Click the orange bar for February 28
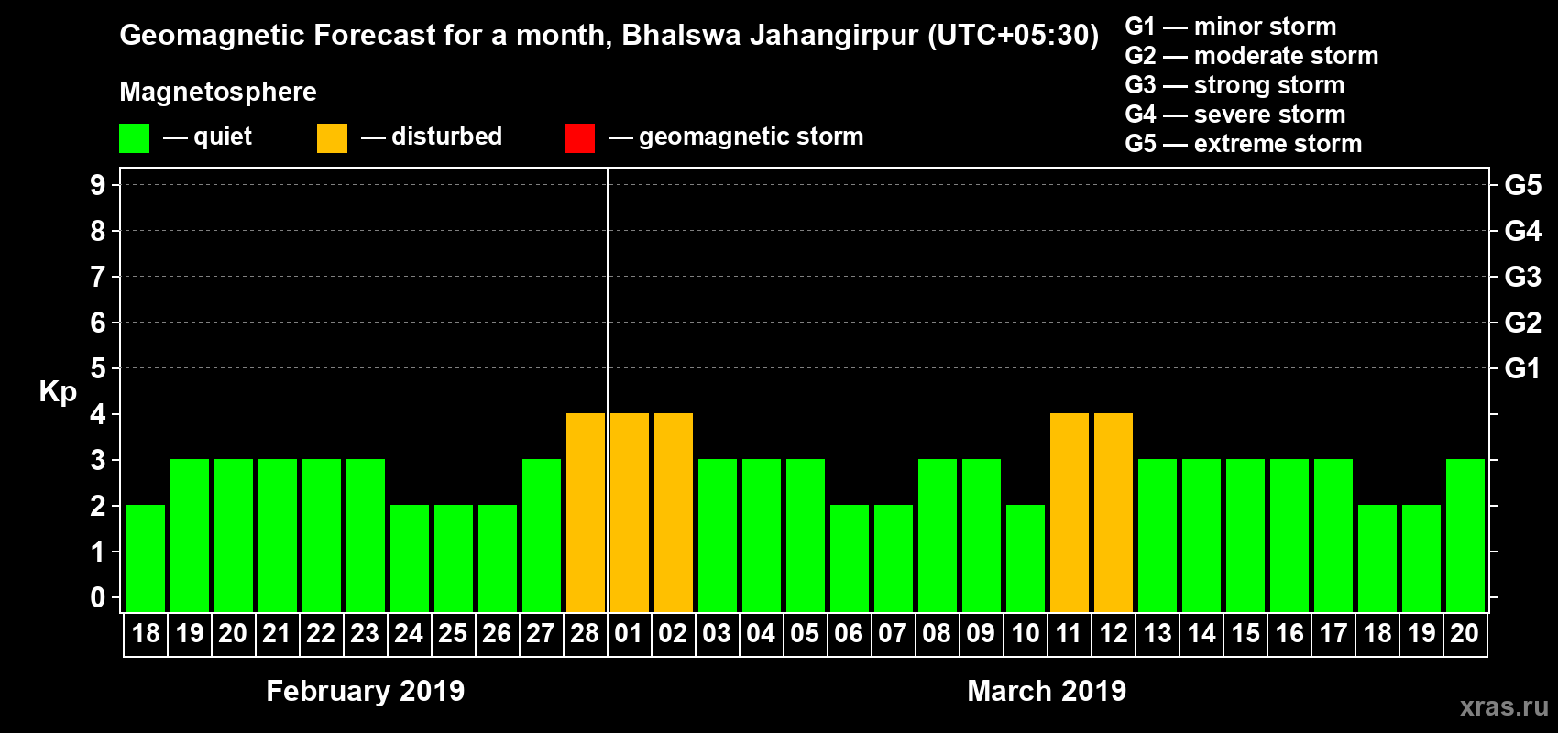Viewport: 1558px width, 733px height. pos(586,512)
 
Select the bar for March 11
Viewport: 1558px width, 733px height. pos(1070,512)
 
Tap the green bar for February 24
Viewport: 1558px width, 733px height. pos(410,558)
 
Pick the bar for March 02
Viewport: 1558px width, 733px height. pos(674,512)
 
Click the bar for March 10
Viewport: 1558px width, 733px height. pos(1026,558)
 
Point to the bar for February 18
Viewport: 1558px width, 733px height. pos(146,558)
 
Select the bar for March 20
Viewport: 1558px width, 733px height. pos(1465,535)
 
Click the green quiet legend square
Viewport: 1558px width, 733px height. pos(134,138)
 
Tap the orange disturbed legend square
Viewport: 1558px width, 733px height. pos(332,138)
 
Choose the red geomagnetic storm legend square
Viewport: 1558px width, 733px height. pos(579,138)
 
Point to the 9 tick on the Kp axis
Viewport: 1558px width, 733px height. pos(98,185)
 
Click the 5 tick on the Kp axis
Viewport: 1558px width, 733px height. pos(98,368)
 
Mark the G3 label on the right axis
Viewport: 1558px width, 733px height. pos(1522,277)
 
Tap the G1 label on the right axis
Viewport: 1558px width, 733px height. pos(1522,368)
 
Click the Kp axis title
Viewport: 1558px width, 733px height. pos(58,392)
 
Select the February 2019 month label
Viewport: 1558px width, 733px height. pos(365,691)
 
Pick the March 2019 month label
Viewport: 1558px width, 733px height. pos(1047,691)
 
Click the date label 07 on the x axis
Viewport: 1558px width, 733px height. pos(893,633)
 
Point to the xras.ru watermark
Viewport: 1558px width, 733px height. pos(1503,706)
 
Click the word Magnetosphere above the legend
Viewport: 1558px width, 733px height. pos(218,92)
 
